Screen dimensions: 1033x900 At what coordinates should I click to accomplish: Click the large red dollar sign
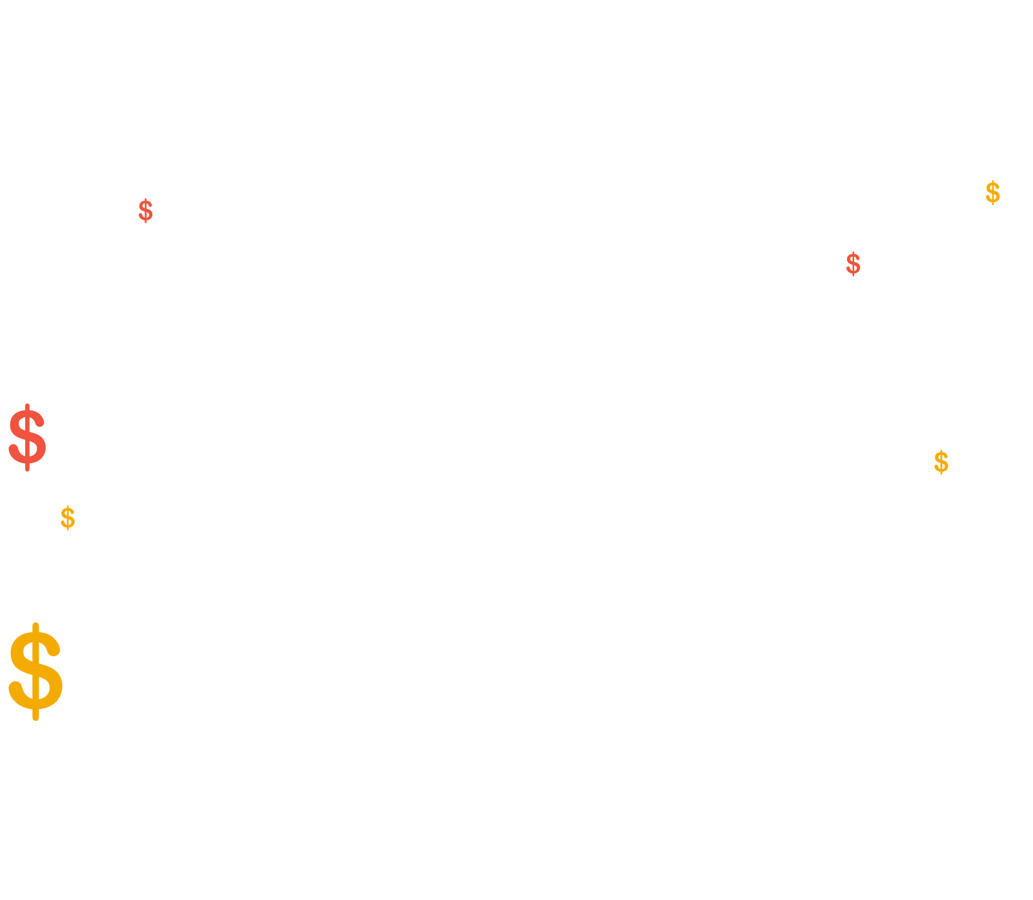point(27,437)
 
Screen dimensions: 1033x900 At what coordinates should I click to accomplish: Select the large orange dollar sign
point(36,672)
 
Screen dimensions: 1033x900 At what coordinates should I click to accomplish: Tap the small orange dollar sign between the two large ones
point(68,518)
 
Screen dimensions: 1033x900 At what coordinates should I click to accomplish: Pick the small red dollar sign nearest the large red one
point(146,211)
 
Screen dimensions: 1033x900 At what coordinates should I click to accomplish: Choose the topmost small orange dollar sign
point(993,193)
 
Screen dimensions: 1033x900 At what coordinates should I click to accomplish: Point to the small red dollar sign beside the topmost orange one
point(854,264)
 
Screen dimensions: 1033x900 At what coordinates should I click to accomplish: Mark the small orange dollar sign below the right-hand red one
point(941,462)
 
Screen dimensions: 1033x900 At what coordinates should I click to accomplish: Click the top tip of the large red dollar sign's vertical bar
point(27,405)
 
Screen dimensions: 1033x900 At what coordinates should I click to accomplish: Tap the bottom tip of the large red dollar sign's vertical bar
point(27,470)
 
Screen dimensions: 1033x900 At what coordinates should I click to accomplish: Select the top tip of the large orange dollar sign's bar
point(36,624)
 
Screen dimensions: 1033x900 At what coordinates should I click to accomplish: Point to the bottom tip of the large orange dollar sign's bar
point(36,719)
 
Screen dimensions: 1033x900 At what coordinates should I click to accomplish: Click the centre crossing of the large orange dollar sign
point(36,671)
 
